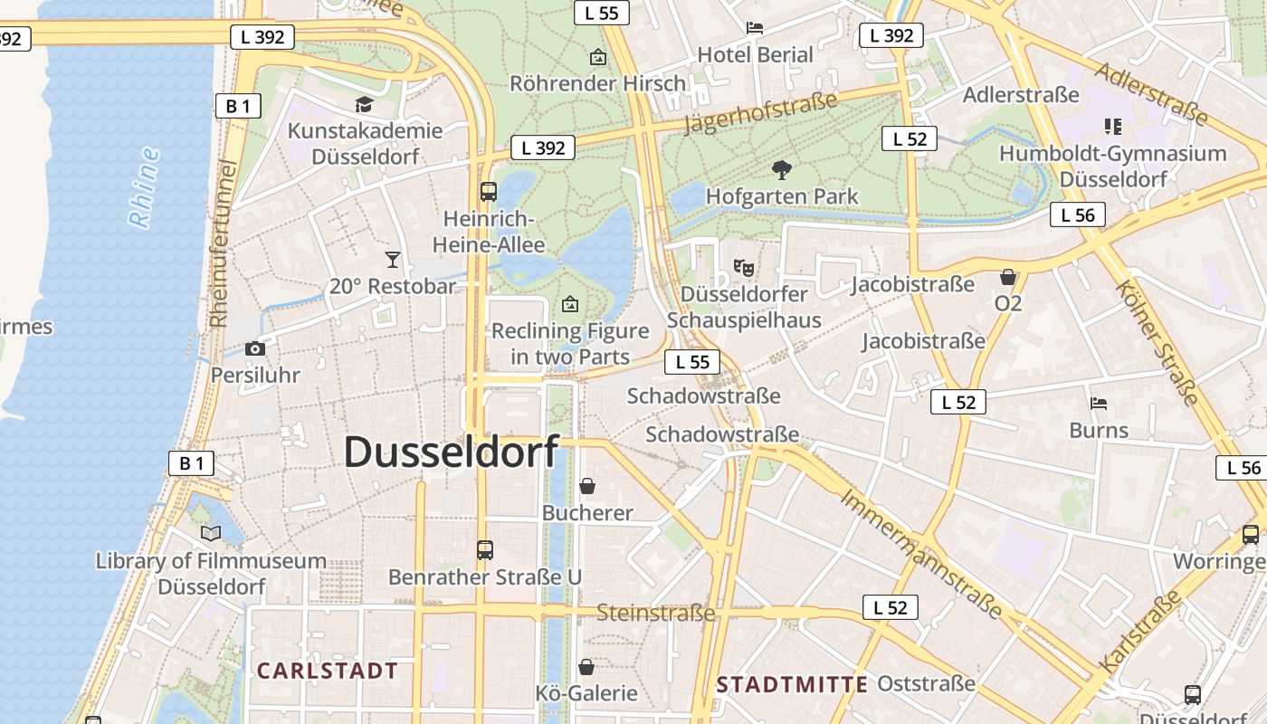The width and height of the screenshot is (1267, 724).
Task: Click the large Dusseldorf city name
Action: [451, 452]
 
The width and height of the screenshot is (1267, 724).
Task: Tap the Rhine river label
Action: [144, 188]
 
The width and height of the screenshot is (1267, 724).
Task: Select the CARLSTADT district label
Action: [328, 671]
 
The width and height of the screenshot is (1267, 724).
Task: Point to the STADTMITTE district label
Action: [792, 684]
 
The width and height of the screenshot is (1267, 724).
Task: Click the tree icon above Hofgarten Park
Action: [781, 169]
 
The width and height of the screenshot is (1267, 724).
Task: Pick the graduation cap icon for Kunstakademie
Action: [364, 105]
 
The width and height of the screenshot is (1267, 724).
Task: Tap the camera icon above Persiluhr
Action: [255, 348]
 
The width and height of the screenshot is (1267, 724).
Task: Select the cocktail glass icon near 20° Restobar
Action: [392, 260]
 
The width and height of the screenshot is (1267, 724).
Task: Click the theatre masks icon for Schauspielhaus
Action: [744, 268]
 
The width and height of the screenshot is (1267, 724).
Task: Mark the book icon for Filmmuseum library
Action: [211, 534]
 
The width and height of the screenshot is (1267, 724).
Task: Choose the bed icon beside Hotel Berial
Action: [755, 28]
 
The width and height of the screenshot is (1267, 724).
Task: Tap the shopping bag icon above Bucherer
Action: [587, 487]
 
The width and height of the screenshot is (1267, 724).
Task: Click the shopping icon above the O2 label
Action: [1008, 277]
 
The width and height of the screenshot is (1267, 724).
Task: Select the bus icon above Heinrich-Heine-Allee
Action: [489, 192]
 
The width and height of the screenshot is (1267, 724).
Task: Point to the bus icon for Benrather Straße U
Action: [485, 550]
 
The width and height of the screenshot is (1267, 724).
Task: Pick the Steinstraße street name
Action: [655, 614]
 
